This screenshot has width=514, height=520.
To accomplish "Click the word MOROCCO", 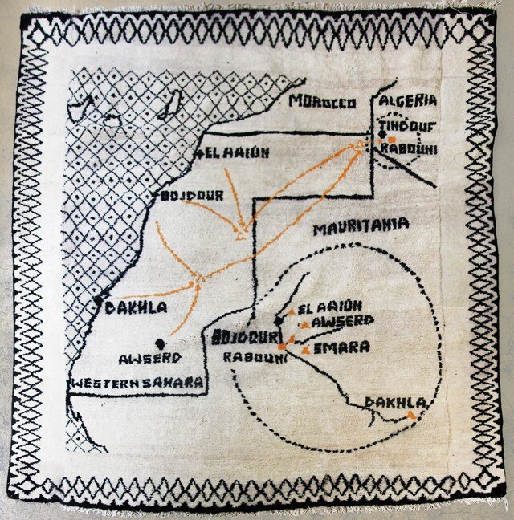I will [x=322, y=103].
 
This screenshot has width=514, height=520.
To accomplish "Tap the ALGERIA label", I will [x=408, y=100].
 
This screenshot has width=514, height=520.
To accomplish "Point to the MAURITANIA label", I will [x=361, y=226].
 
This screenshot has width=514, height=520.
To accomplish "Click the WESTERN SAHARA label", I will [x=137, y=384].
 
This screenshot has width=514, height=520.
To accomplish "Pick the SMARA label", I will [x=342, y=348].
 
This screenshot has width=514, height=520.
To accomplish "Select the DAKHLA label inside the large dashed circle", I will [x=394, y=402].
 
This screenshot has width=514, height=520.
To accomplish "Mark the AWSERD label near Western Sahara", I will [x=145, y=359].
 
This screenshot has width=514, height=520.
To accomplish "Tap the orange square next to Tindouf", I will [x=391, y=138].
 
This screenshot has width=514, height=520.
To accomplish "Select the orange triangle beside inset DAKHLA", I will [x=412, y=414].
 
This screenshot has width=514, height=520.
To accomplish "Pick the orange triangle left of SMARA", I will [x=306, y=350].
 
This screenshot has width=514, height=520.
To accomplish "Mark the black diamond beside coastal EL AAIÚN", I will [x=198, y=153].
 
